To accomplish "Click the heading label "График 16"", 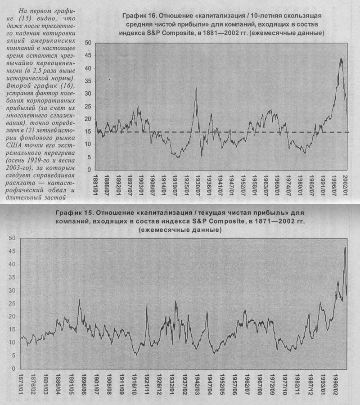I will coord(139,15).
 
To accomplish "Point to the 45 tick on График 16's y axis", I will coord(88,56).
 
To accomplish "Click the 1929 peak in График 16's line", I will coord(196,88).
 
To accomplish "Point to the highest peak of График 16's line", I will coord(341,58).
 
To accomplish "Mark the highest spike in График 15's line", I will coord(345,247).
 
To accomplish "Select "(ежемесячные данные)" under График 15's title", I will coord(180,230).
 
